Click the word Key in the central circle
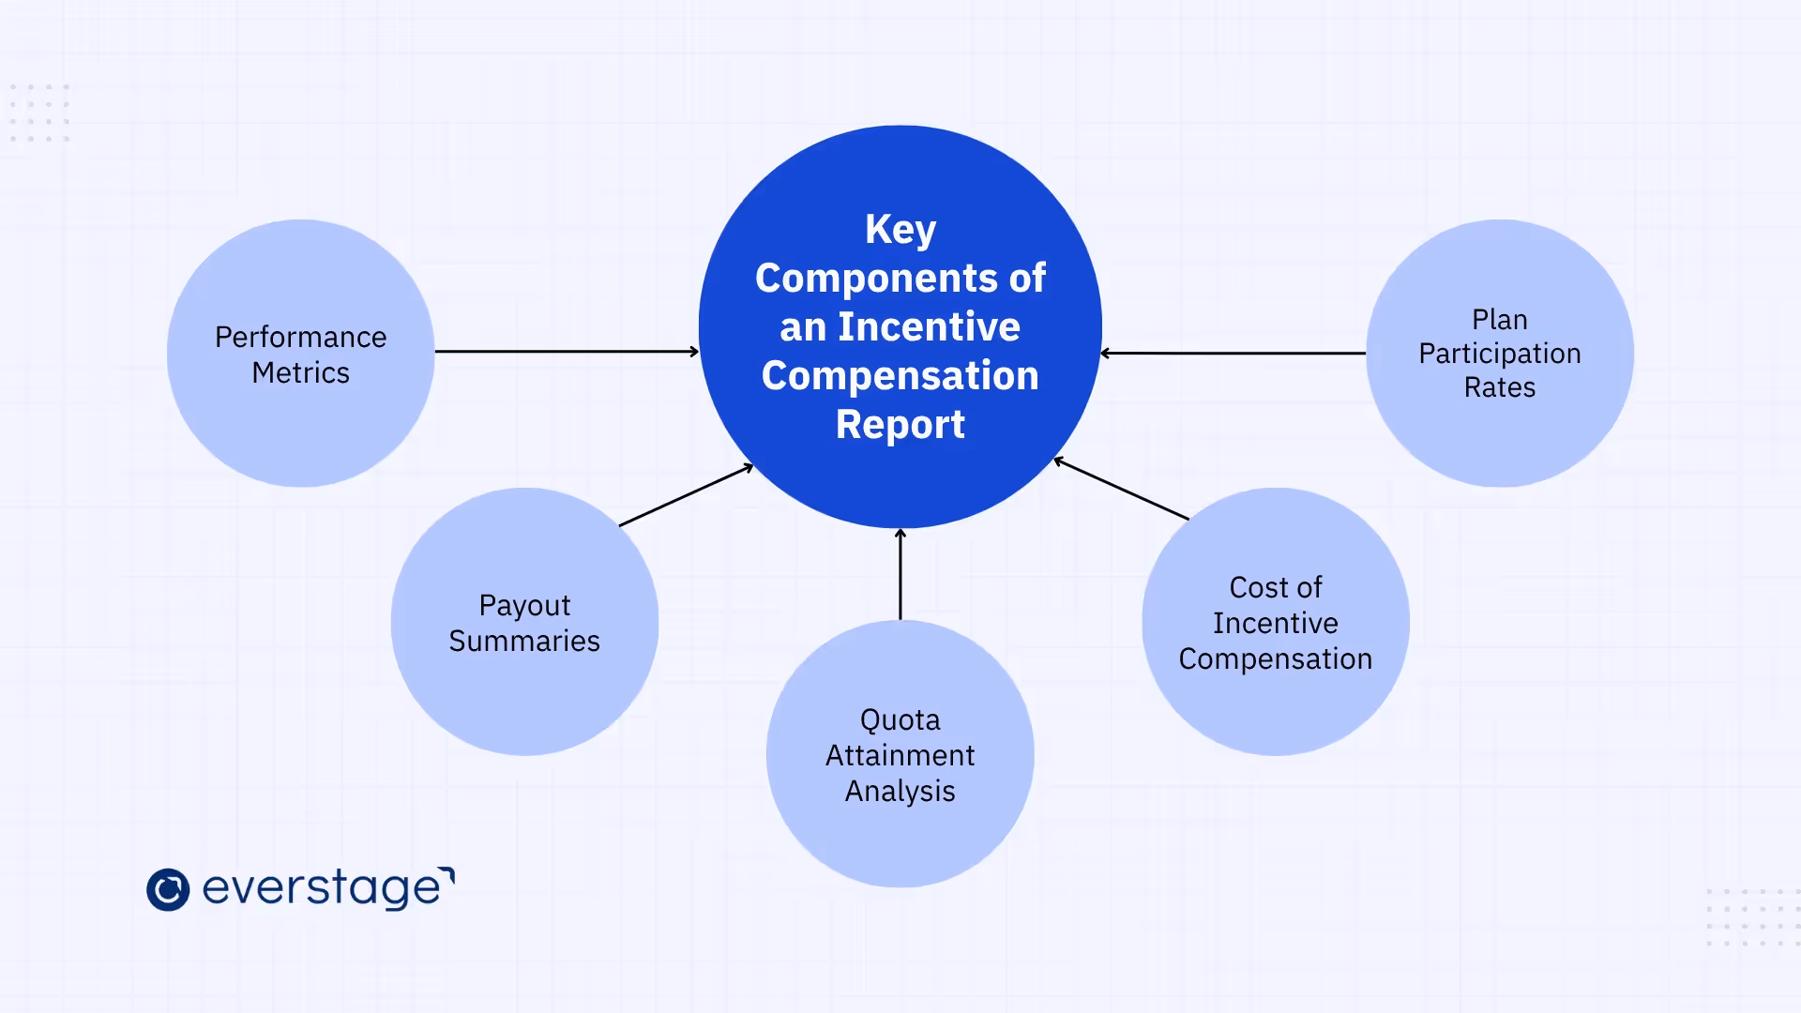900,230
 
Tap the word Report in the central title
900,425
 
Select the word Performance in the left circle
300,337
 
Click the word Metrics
300,373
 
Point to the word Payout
524,606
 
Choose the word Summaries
524,642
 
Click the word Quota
900,720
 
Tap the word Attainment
900,756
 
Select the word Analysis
900,792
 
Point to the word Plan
1499,320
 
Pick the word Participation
1499,354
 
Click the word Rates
1499,387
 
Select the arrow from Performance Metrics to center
567,352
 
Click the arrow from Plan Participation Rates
1233,354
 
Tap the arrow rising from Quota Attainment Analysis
900,574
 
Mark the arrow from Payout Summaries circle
686,495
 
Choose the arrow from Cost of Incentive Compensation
1122,489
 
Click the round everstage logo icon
168,889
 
